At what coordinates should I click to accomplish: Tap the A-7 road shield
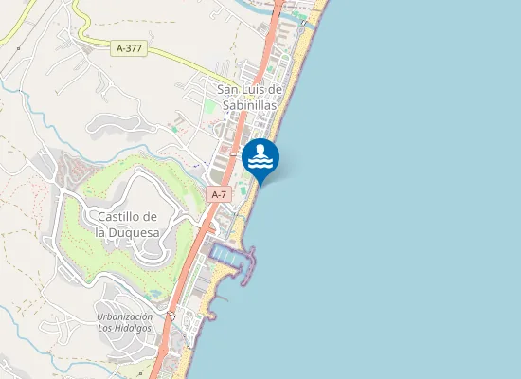[x=219, y=194]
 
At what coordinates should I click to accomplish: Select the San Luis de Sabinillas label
[x=250, y=98]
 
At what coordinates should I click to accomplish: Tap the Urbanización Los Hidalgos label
[x=124, y=322]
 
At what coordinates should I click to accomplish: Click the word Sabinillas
[x=250, y=105]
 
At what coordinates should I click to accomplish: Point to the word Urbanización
[x=124, y=316]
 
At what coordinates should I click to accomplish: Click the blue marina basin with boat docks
[x=228, y=255]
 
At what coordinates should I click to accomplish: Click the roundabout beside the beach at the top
[x=302, y=23]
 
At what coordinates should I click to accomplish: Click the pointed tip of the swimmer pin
[x=260, y=184]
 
